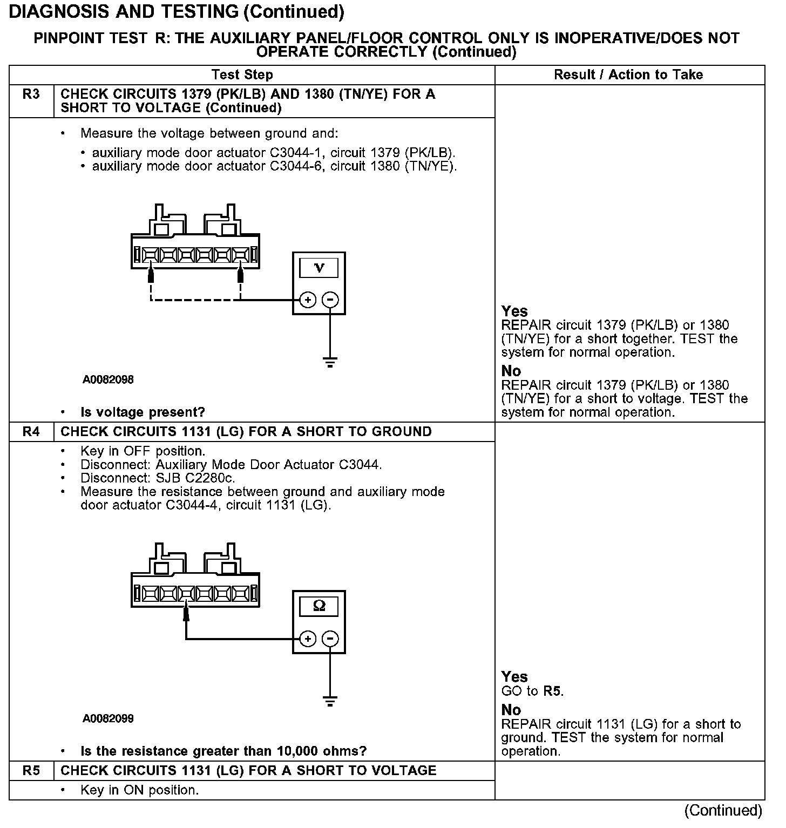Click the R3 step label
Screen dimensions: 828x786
31,95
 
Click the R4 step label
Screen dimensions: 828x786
31,432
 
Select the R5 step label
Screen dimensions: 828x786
31,771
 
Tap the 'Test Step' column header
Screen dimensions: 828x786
242,75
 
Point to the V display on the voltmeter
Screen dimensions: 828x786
319,268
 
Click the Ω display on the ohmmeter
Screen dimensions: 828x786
319,606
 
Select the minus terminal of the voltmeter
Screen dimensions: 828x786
330,300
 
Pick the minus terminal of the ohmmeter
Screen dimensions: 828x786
330,639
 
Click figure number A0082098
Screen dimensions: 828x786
108,379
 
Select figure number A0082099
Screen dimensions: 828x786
108,718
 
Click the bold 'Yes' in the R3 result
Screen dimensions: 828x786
514,311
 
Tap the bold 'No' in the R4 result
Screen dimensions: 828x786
511,710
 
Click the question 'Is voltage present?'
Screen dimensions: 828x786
143,412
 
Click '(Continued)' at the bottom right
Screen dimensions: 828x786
723,810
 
